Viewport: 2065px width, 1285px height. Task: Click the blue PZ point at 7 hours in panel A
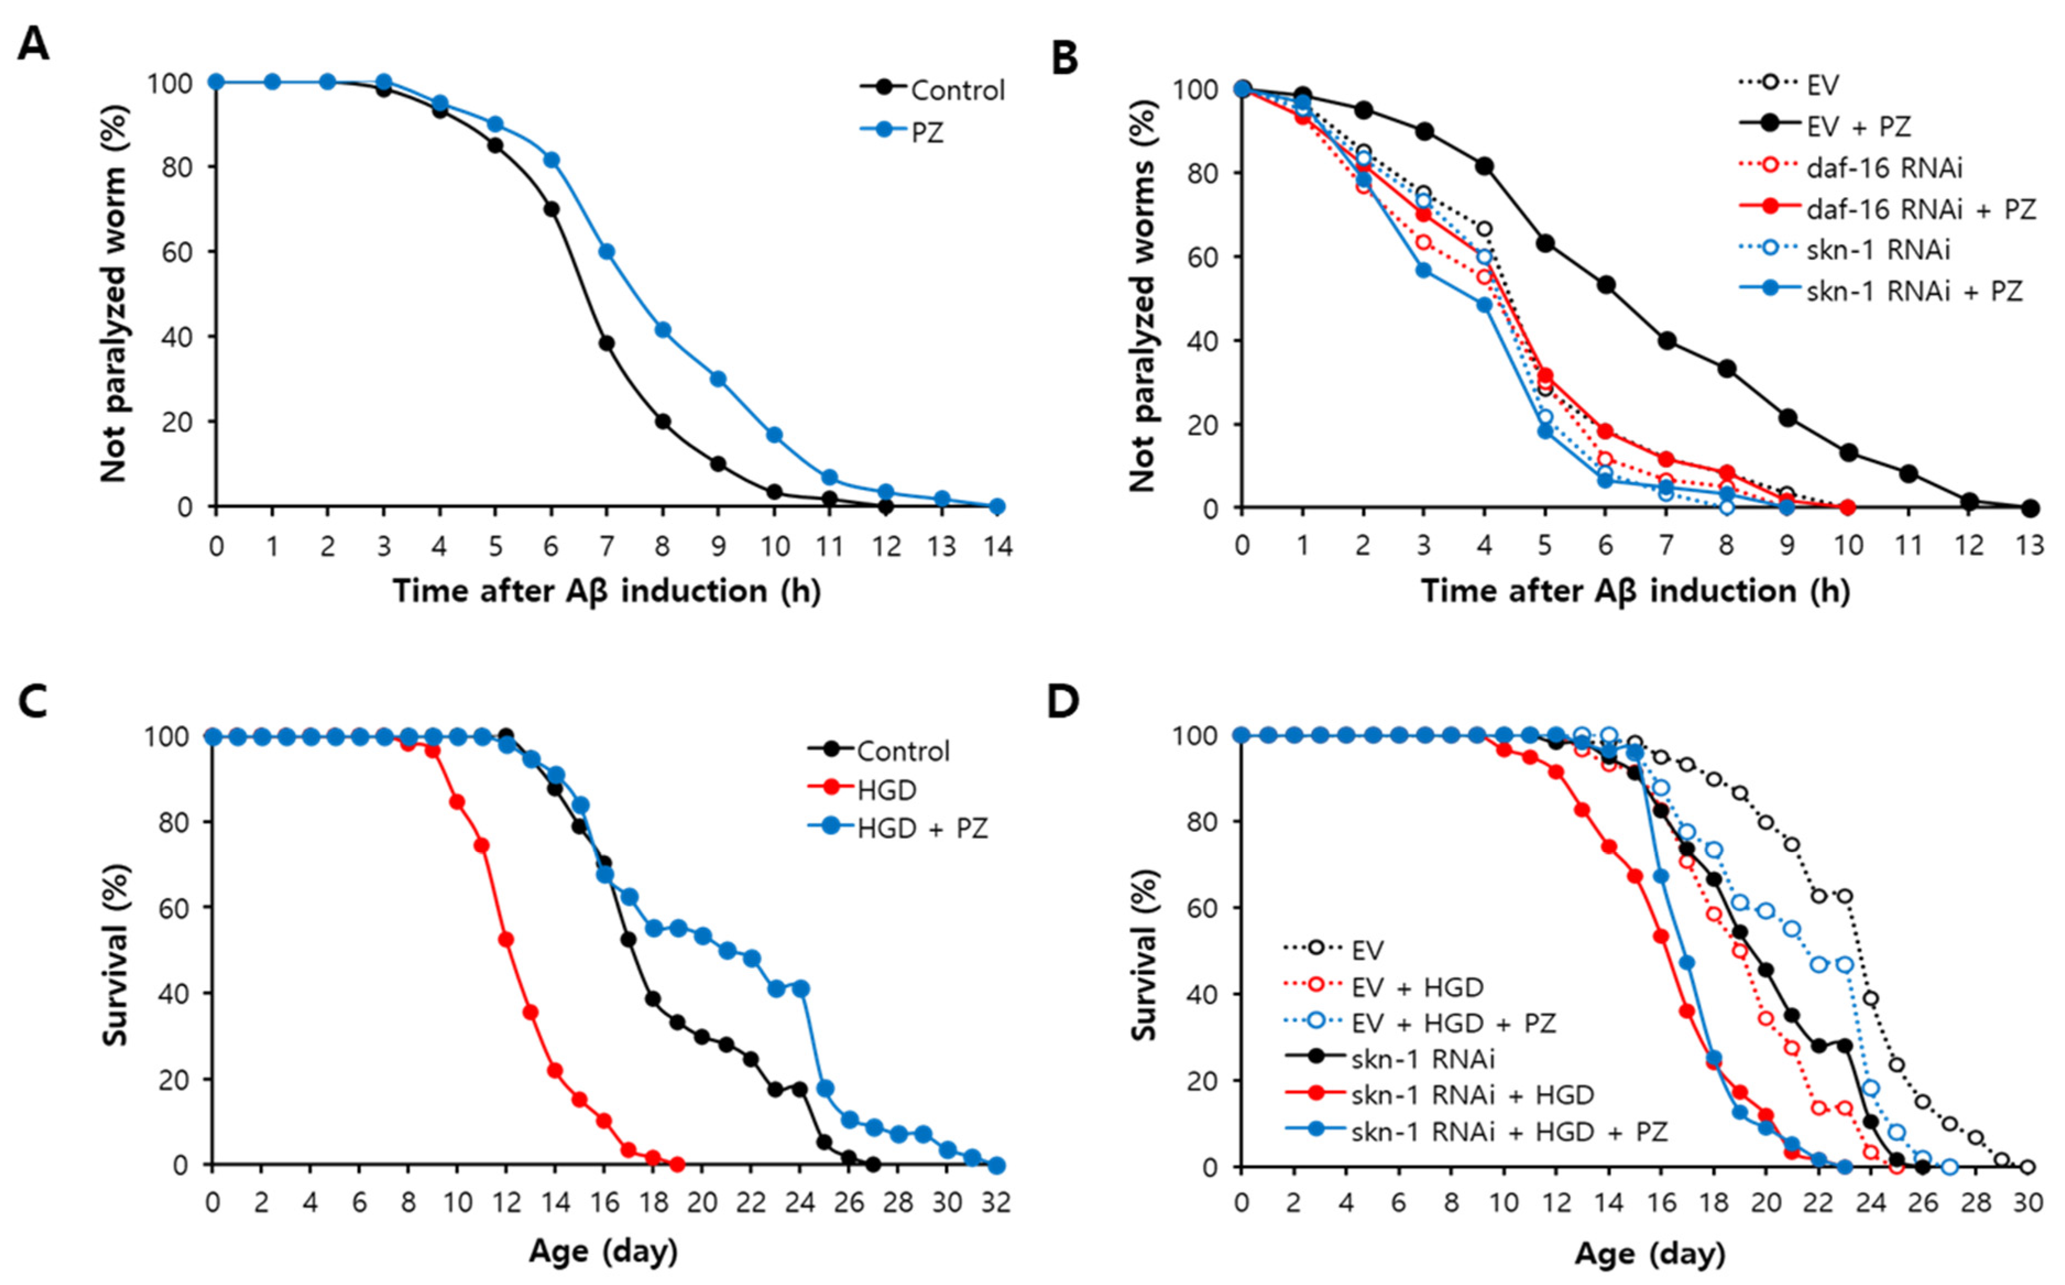point(606,251)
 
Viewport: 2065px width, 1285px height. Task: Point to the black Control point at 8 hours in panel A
point(662,422)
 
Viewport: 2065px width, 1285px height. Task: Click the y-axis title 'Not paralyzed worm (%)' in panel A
point(113,293)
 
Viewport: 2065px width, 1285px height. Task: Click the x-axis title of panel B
point(1635,592)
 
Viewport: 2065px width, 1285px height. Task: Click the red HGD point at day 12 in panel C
point(506,939)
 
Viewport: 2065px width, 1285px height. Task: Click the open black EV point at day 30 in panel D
point(2028,1167)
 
